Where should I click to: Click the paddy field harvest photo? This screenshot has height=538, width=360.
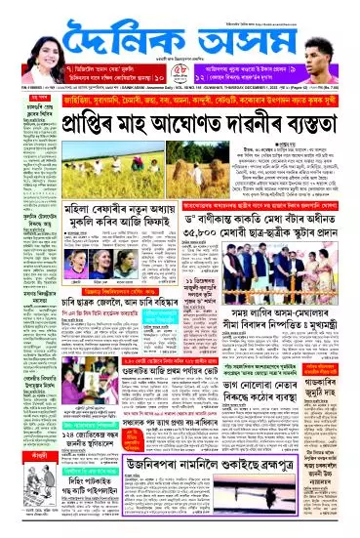point(128,169)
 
